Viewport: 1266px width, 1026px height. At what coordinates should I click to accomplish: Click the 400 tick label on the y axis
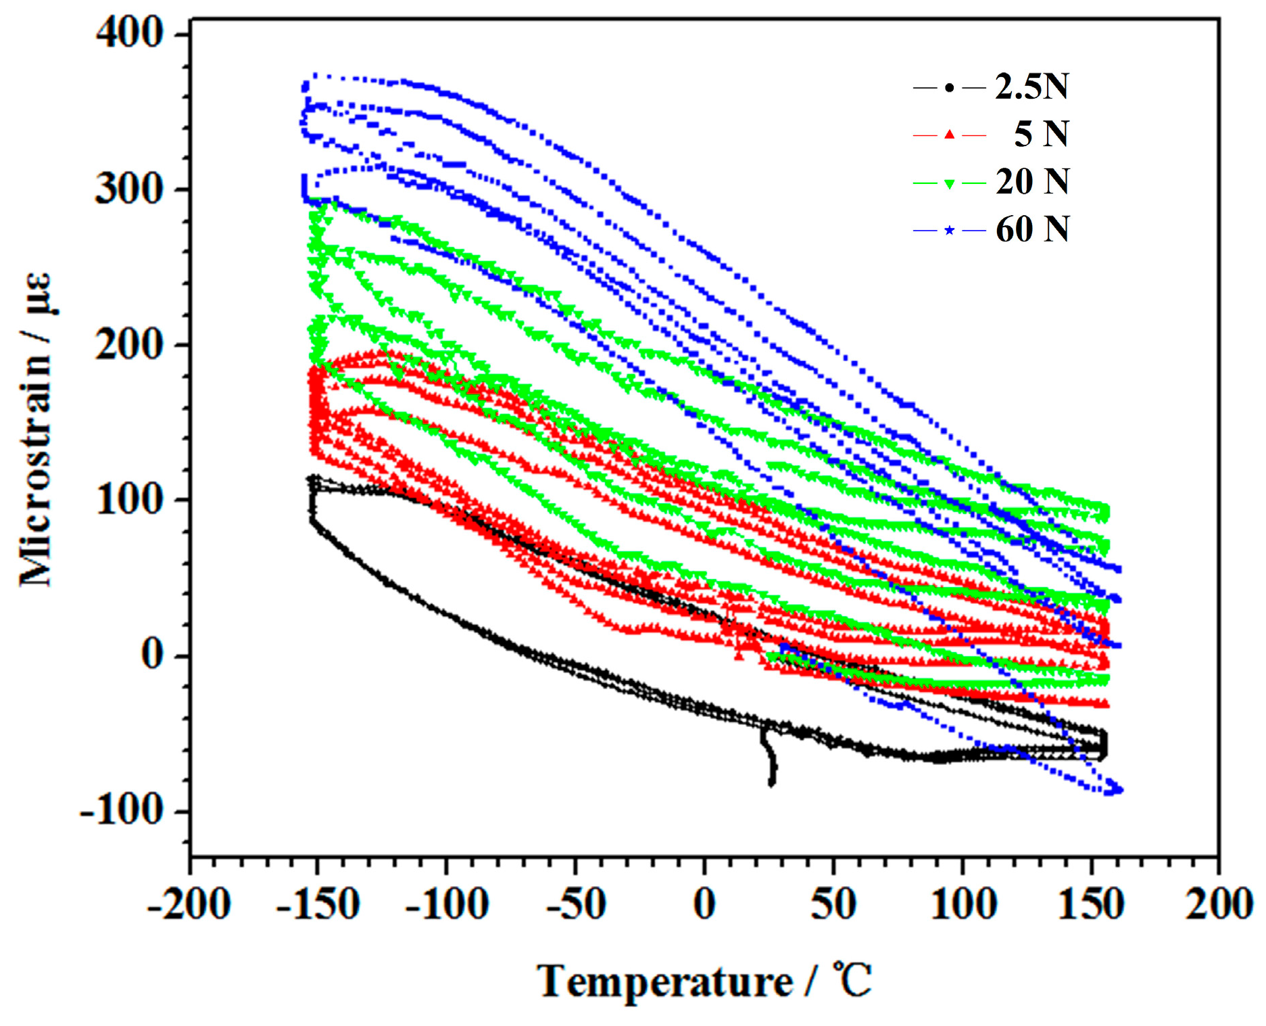coord(129,33)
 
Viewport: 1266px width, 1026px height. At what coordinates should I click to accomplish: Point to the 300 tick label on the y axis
coord(129,189)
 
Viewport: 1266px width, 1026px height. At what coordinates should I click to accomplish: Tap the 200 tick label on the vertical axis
coord(129,345)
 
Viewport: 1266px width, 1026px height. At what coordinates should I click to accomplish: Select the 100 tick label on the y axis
coord(129,500)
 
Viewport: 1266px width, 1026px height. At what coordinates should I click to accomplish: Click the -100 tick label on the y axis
coord(122,810)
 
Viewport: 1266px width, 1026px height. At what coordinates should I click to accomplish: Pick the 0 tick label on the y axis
coord(153,655)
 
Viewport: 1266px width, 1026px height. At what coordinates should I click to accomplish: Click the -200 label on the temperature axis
coord(189,904)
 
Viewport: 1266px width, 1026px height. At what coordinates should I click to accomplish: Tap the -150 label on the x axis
coord(318,904)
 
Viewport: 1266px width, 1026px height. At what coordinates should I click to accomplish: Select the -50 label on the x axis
coord(575,904)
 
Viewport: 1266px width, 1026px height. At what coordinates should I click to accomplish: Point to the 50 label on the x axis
coord(833,904)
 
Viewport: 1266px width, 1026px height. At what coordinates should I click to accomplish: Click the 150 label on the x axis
coord(1090,904)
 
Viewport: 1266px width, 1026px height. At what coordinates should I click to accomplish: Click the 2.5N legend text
coord(1032,87)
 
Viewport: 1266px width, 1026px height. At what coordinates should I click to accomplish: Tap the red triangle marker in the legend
coord(950,135)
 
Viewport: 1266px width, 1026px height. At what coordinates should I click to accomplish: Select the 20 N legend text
coord(1032,182)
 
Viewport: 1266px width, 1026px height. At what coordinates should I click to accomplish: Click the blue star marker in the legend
coord(950,231)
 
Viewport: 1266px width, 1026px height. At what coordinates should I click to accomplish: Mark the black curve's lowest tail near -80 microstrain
coord(772,782)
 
